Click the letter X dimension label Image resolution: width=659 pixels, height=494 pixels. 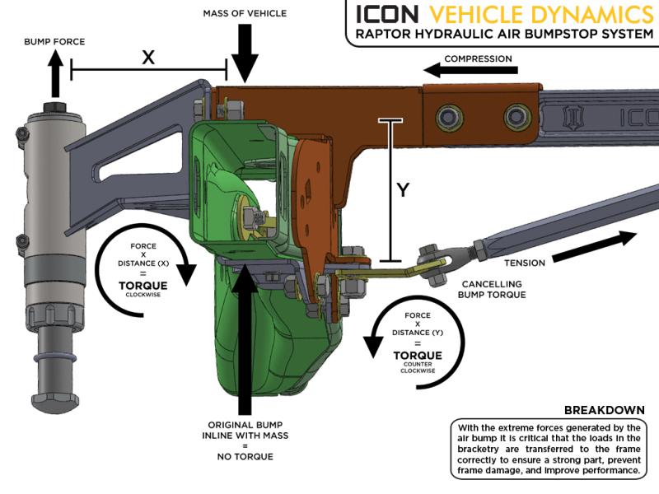point(148,56)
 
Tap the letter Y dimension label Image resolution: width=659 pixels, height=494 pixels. point(403,189)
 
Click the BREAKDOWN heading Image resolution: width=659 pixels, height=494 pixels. point(605,410)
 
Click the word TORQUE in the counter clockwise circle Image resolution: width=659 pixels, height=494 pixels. point(418,355)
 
